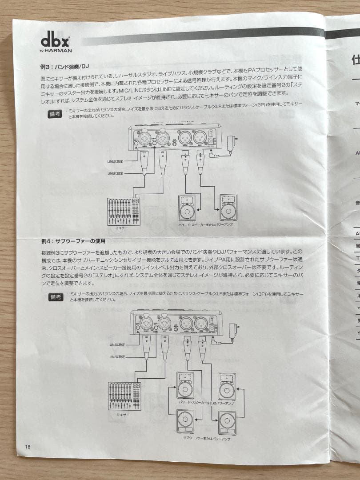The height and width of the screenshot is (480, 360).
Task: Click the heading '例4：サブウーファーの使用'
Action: (73, 241)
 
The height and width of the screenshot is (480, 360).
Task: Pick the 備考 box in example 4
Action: (56, 297)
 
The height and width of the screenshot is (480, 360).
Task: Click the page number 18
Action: (28, 447)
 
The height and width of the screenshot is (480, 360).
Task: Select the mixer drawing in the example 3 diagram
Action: (124, 212)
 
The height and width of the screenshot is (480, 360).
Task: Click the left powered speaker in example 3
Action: (187, 208)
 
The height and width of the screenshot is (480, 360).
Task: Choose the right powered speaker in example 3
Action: (228, 208)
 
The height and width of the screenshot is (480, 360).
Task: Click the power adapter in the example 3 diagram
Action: (231, 143)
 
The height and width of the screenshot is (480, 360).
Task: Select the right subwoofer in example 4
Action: (227, 423)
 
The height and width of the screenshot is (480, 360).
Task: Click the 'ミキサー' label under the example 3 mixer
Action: (120, 228)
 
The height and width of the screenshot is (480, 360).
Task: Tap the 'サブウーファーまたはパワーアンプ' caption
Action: (207, 439)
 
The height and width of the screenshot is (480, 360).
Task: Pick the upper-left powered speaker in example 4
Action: (185, 386)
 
